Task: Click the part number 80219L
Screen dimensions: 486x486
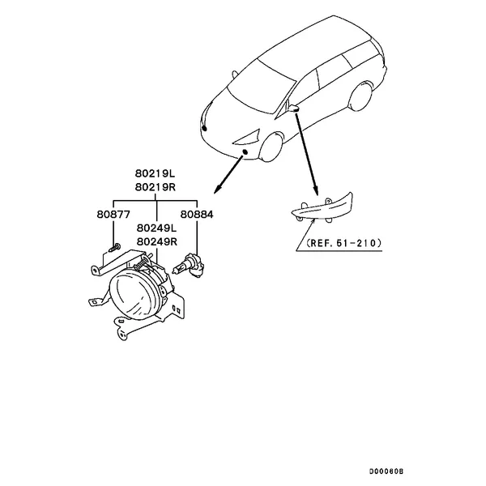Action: pyautogui.click(x=155, y=173)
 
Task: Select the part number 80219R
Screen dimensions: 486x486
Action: pyautogui.click(x=156, y=187)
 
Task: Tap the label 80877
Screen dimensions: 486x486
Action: pyautogui.click(x=113, y=215)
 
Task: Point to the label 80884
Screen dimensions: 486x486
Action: pyautogui.click(x=197, y=215)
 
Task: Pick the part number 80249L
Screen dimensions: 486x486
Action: pyautogui.click(x=156, y=228)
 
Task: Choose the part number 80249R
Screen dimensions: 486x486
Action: pyautogui.click(x=157, y=241)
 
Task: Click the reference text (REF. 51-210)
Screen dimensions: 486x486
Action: pyautogui.click(x=343, y=243)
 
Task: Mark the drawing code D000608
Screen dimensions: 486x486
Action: pyautogui.click(x=386, y=471)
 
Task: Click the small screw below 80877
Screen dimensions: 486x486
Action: pyautogui.click(x=114, y=248)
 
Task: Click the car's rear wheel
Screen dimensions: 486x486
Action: pyautogui.click(x=361, y=96)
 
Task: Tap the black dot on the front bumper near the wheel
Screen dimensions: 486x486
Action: pyautogui.click(x=245, y=151)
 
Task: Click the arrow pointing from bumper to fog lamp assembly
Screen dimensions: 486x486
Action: pyautogui.click(x=228, y=175)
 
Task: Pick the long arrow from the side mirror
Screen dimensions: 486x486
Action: pyautogui.click(x=306, y=155)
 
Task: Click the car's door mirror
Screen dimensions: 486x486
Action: pyautogui.click(x=293, y=109)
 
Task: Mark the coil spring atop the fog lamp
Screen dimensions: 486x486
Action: pyautogui.click(x=141, y=262)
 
